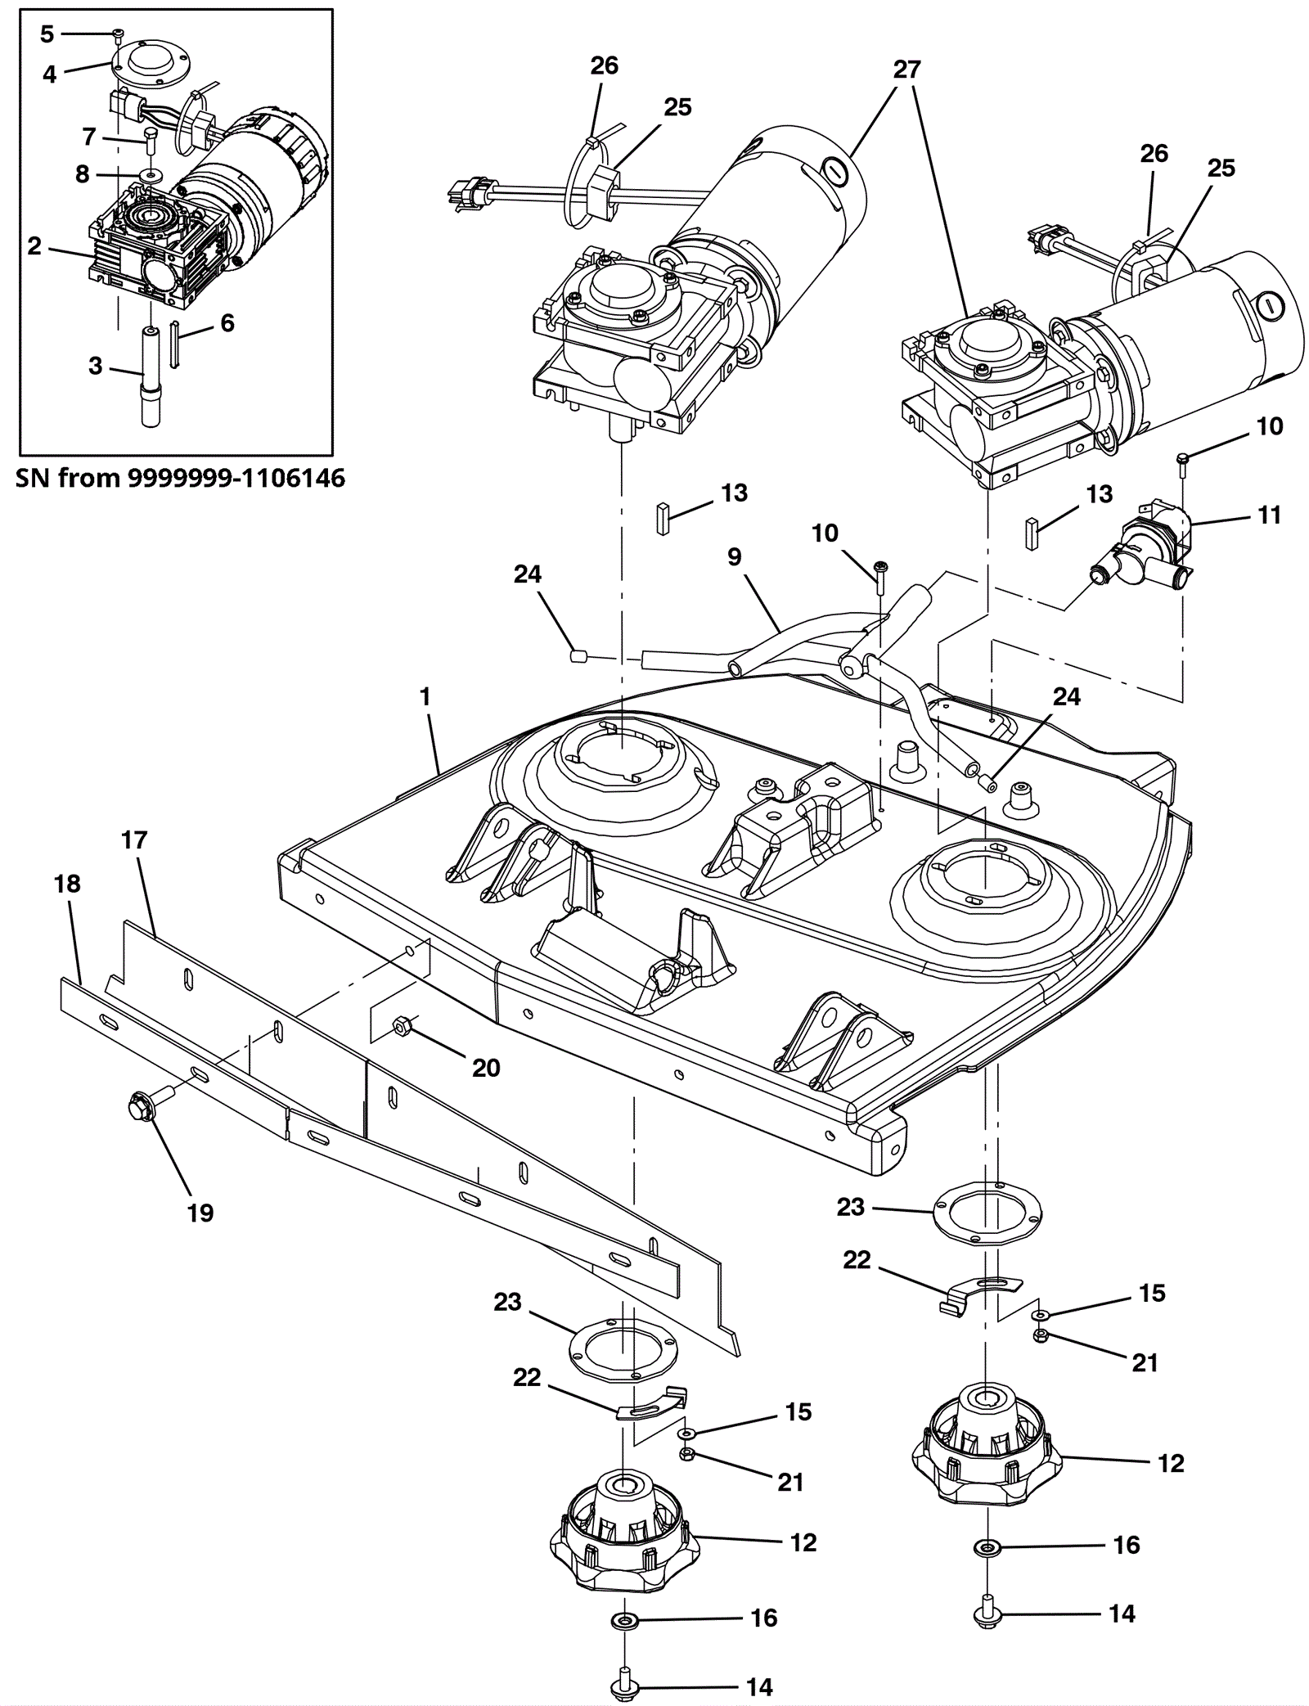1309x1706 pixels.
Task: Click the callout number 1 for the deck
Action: pos(425,697)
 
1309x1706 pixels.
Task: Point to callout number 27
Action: pos(906,70)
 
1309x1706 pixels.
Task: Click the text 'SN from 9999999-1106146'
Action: pos(180,478)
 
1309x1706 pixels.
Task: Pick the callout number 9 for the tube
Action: pos(734,556)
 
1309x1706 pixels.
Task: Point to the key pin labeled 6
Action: pos(174,344)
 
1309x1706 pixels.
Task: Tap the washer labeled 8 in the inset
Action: pos(150,175)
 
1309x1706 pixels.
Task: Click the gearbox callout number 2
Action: pos(34,245)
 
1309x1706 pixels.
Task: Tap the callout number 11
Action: pos(1269,515)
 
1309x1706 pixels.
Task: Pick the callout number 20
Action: pos(486,1067)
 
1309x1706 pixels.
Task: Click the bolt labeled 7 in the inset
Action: pos(151,140)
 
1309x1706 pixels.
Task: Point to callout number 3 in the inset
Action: pos(96,365)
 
